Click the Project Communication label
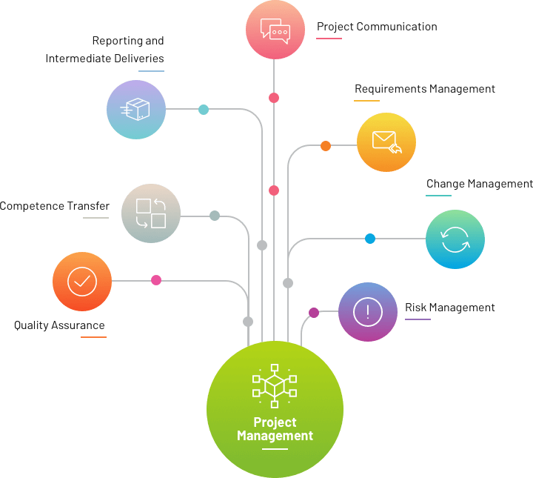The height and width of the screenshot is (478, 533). click(x=377, y=27)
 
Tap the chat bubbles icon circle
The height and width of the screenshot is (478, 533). click(x=274, y=30)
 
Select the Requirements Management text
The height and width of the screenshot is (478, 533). click(x=424, y=89)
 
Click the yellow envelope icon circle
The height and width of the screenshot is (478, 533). click(x=386, y=142)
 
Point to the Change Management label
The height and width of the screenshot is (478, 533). click(x=479, y=184)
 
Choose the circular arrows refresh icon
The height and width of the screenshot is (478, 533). click(x=455, y=239)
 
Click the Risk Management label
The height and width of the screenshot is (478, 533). click(x=449, y=308)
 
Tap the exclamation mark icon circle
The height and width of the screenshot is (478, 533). click(x=368, y=312)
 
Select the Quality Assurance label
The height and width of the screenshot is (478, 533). click(x=59, y=325)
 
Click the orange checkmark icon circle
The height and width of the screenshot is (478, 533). click(x=82, y=282)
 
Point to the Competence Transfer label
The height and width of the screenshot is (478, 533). click(x=54, y=206)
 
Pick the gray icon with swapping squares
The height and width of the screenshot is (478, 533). click(x=151, y=213)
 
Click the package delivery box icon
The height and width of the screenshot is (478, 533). click(x=135, y=110)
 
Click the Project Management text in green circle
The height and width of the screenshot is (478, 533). click(x=275, y=429)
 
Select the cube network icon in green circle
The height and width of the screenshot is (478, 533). click(x=274, y=385)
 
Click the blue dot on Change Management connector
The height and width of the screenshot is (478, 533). click(x=370, y=239)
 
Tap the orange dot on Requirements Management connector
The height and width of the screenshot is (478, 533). click(x=326, y=146)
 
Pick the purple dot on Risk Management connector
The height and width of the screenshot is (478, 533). click(x=314, y=313)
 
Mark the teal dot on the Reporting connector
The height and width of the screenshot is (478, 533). click(x=204, y=110)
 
